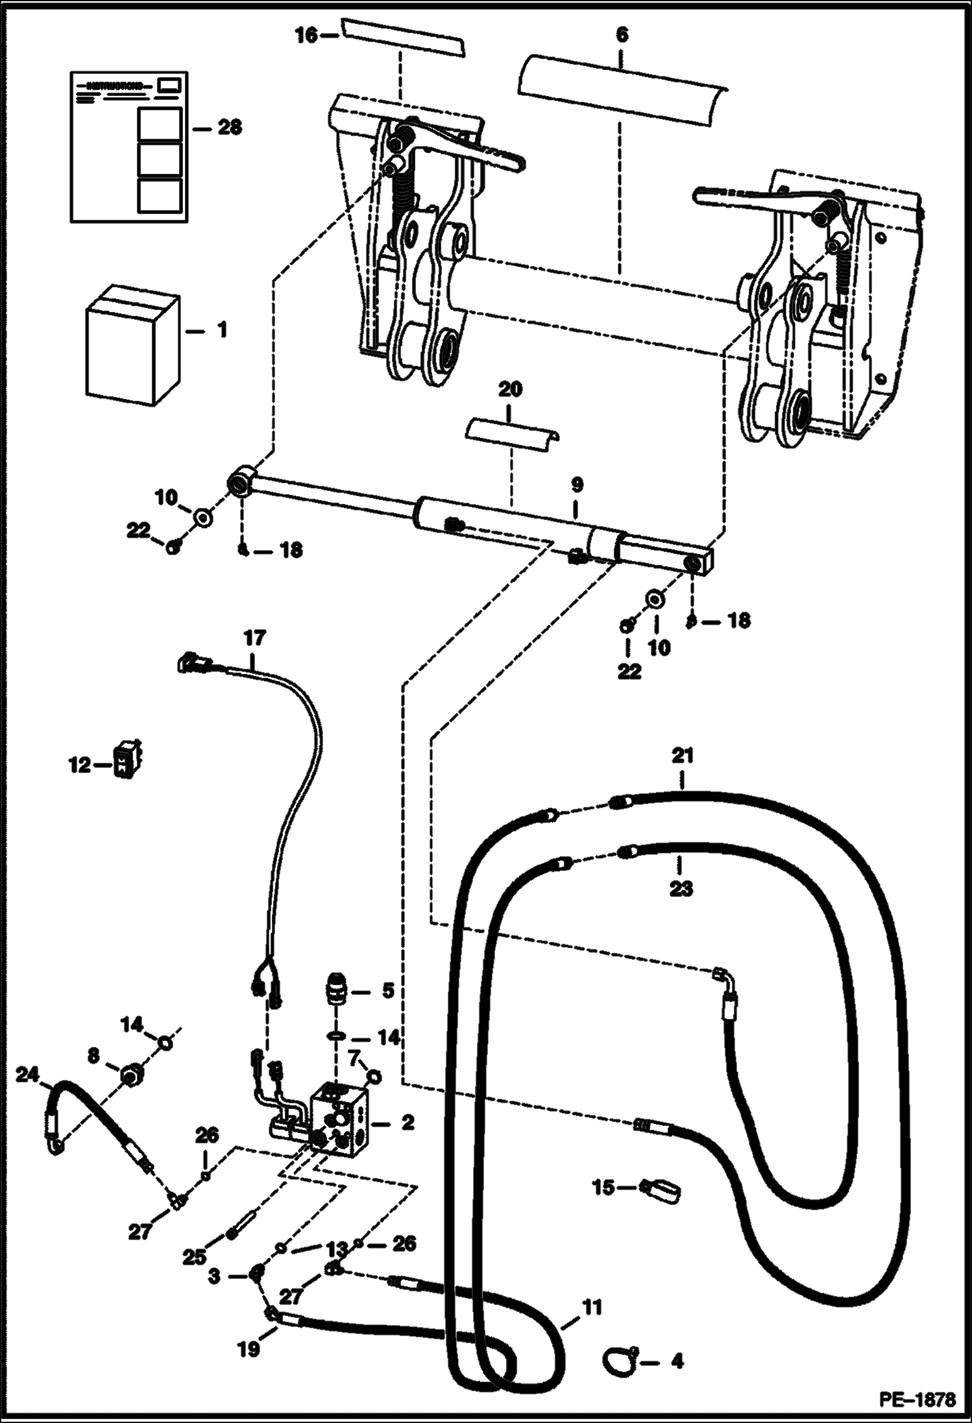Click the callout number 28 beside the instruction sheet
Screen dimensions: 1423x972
click(229, 128)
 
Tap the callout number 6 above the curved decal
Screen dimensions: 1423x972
click(622, 34)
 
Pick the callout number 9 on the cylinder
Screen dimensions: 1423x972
click(577, 485)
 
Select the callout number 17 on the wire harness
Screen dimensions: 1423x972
click(255, 638)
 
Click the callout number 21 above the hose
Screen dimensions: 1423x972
click(683, 756)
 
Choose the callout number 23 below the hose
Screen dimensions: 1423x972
click(681, 888)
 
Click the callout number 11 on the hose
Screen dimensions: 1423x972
click(592, 1306)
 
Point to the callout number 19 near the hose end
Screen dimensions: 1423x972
click(249, 1348)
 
